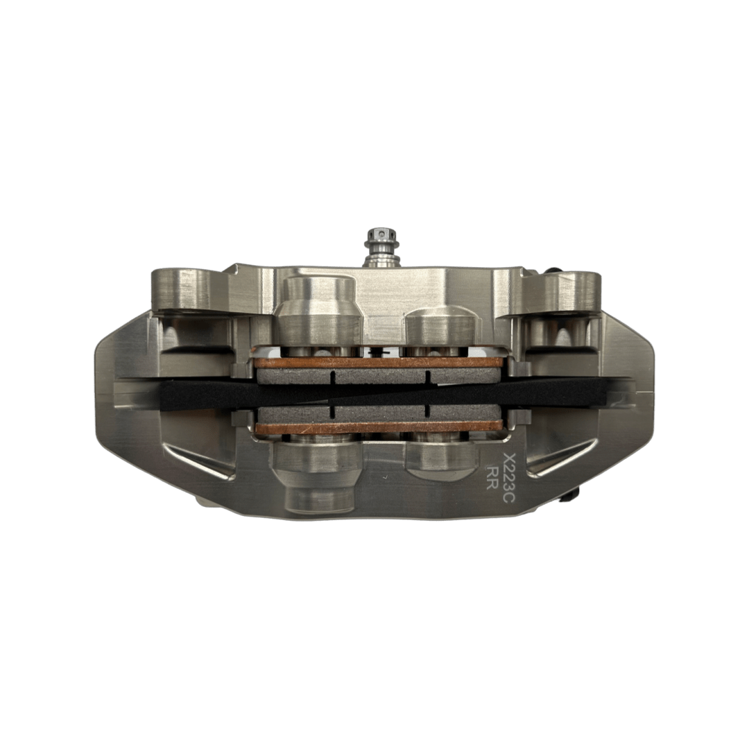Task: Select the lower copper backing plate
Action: [378, 429]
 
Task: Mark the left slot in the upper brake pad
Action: [334, 377]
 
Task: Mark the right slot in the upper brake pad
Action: [428, 377]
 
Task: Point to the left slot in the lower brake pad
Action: [334, 412]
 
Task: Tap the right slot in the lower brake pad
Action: [428, 412]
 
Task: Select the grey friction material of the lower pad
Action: [378, 414]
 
